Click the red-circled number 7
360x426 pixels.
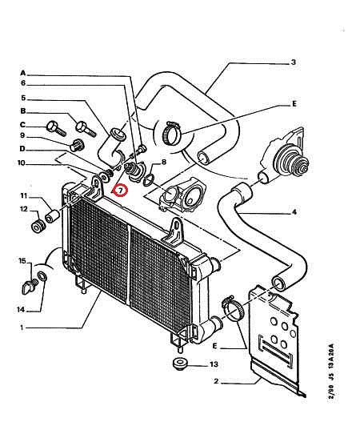click(x=120, y=191)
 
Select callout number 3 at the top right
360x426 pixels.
click(x=294, y=62)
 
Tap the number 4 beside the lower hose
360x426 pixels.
click(x=294, y=212)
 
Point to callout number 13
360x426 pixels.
click(x=214, y=364)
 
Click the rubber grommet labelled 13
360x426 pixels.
click(x=179, y=364)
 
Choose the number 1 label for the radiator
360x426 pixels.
click(x=22, y=328)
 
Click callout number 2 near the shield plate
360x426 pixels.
click(x=216, y=381)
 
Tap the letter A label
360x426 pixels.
click(x=23, y=73)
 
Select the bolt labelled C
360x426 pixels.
click(x=56, y=129)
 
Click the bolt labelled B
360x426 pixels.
click(x=86, y=128)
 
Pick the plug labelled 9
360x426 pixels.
click(x=77, y=145)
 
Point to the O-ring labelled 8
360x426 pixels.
click(x=149, y=181)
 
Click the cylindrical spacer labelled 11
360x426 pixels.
click(x=52, y=216)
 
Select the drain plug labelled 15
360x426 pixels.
click(x=29, y=287)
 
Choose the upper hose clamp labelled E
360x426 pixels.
click(x=171, y=133)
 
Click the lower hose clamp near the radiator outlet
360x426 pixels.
click(x=233, y=307)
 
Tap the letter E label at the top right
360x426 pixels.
click(x=294, y=104)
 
